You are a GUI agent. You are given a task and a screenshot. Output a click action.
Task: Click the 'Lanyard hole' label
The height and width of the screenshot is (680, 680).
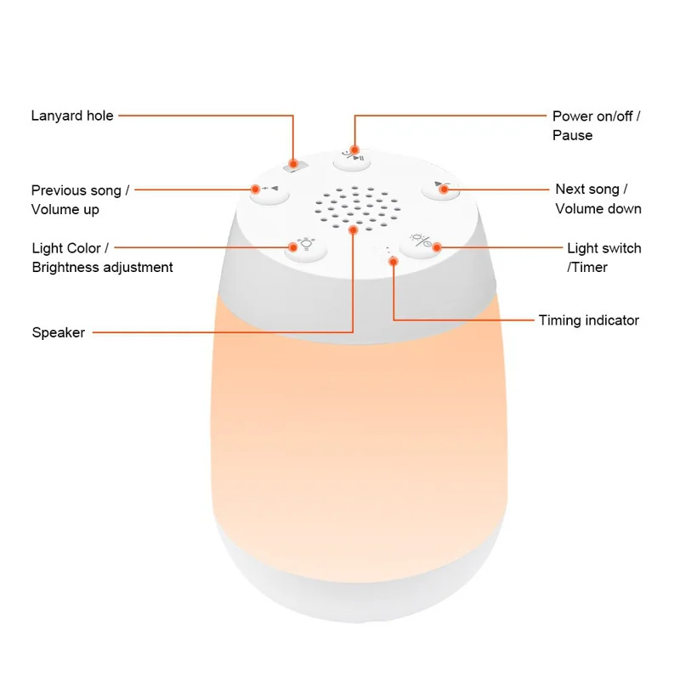point(72,116)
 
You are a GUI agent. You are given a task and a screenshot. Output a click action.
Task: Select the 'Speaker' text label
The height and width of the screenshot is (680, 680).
point(59,332)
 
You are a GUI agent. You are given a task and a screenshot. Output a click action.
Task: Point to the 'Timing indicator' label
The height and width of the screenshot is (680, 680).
point(588,320)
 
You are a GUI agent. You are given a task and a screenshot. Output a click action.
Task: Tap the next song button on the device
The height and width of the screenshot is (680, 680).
point(438,186)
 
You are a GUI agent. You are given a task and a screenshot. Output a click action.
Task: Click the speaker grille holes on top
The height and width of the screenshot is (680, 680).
point(354,207)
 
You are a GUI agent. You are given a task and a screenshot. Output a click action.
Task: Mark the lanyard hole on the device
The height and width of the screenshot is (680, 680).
point(293,163)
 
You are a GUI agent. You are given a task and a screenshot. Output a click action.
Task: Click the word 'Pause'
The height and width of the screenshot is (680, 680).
point(572,135)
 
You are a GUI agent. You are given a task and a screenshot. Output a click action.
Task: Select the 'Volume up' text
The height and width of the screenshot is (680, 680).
point(65,209)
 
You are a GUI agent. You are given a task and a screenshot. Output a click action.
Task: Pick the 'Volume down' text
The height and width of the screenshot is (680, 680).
point(598,208)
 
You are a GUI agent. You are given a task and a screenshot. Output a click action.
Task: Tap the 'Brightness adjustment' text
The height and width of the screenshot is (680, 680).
point(102,267)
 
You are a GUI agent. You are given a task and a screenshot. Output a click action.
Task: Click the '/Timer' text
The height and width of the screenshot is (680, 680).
point(587,267)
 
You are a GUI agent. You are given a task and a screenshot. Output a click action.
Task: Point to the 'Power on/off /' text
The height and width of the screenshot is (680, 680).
point(596,116)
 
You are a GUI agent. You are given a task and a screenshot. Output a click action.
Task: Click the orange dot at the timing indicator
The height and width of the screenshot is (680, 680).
point(393,262)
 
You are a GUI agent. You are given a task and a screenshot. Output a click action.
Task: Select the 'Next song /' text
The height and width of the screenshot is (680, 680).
point(592,189)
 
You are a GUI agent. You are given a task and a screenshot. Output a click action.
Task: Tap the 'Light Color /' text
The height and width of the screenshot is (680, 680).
point(71,248)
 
